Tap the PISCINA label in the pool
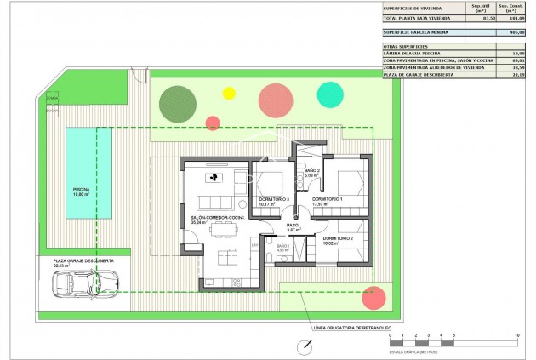(81, 190)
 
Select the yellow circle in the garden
(228, 93)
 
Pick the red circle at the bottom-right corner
(373, 297)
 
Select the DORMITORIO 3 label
(274, 199)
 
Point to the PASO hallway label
(293, 226)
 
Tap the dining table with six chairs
(225, 256)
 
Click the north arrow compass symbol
(305, 346)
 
